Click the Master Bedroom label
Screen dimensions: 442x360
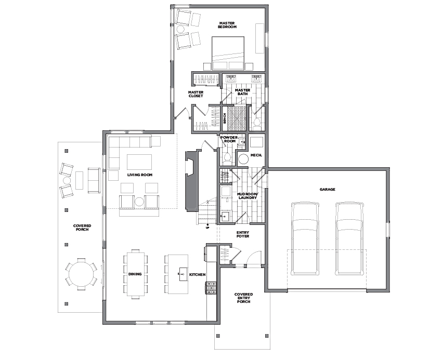point(227,25)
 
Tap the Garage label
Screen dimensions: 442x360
point(327,190)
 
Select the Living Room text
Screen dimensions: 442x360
point(140,175)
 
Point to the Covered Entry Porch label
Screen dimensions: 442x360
point(243,298)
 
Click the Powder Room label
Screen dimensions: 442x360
point(229,139)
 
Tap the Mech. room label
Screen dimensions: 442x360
point(256,155)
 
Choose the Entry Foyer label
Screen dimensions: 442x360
point(243,234)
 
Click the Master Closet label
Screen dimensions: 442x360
point(196,94)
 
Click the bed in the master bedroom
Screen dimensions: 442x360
point(228,53)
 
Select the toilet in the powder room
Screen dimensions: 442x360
point(227,159)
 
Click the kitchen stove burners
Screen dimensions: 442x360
point(211,288)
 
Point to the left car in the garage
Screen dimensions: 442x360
point(306,238)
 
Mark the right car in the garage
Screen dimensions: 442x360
point(350,238)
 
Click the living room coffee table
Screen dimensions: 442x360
point(139,162)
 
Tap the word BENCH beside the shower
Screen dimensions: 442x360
point(225,118)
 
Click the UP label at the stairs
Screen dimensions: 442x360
point(207,228)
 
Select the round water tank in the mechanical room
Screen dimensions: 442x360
point(243,159)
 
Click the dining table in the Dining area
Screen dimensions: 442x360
point(136,274)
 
